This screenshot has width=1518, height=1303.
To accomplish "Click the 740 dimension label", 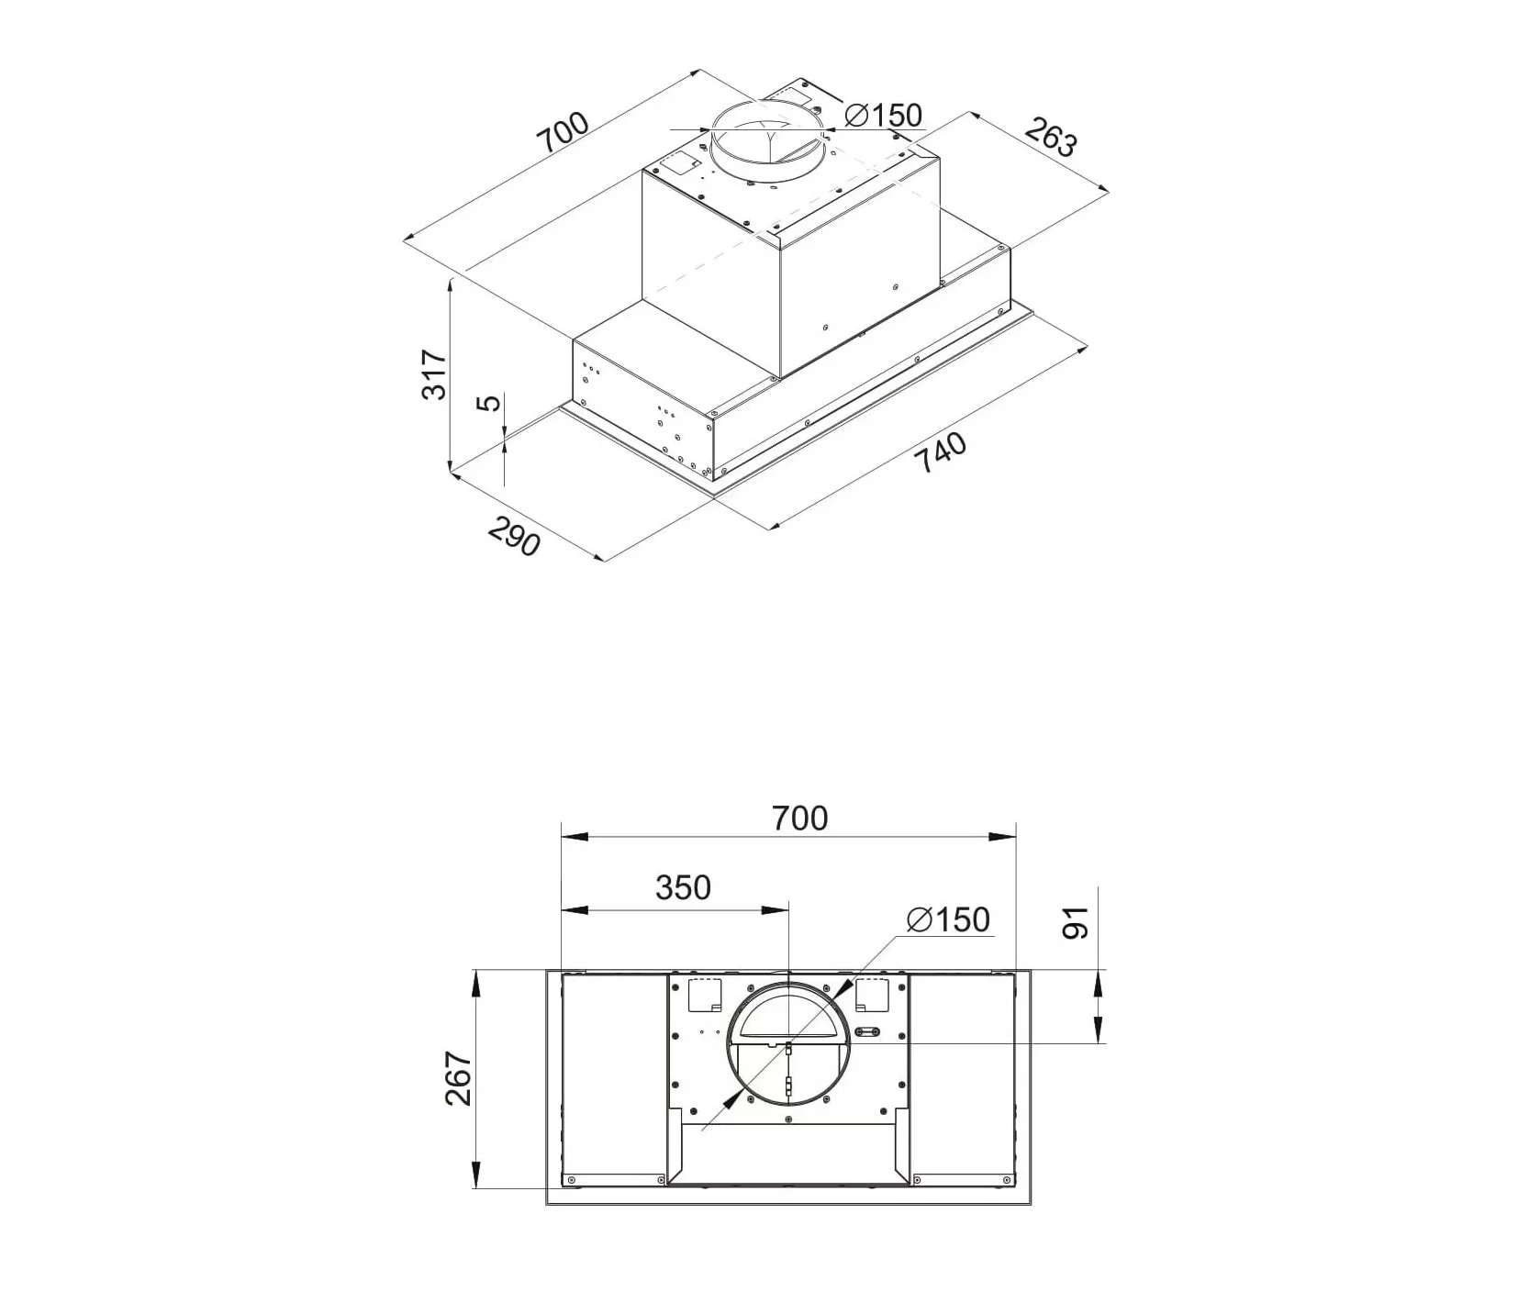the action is [943, 452].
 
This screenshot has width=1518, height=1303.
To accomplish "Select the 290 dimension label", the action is [514, 537].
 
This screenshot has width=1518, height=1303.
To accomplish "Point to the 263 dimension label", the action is [1050, 139].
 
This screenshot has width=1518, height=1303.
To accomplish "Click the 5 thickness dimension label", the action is [492, 402].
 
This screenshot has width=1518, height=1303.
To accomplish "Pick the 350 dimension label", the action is [683, 887].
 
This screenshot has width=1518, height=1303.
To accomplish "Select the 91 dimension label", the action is [1075, 921].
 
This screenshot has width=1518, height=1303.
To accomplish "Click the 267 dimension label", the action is [458, 1078].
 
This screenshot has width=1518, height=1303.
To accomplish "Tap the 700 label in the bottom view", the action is [799, 818].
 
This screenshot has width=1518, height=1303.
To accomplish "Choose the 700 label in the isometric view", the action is [563, 134].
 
